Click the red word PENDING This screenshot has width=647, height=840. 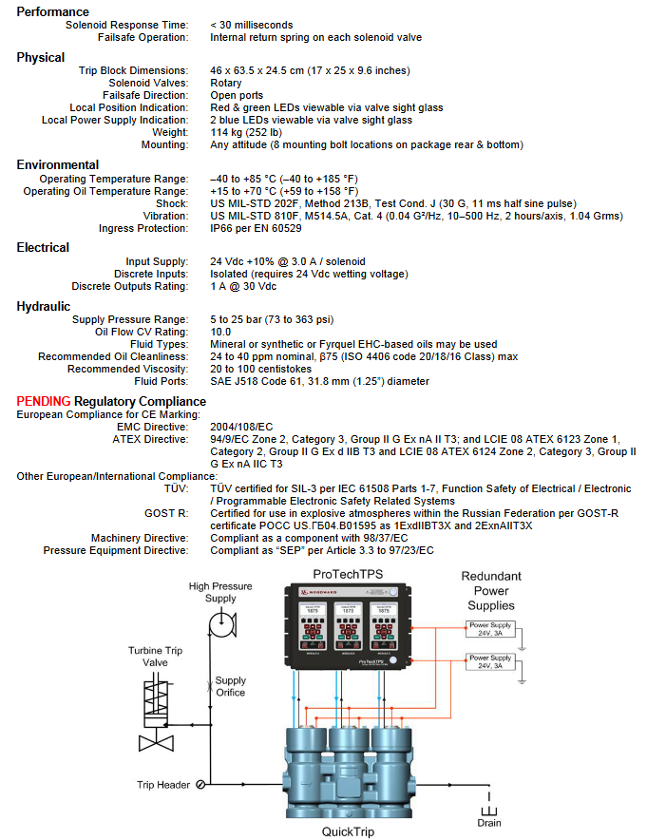click(44, 401)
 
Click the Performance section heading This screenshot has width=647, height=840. click(53, 11)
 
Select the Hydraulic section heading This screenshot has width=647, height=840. click(44, 306)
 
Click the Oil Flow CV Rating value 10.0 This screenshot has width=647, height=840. click(221, 332)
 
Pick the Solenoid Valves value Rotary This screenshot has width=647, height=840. click(226, 84)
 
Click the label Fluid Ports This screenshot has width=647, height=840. click(163, 381)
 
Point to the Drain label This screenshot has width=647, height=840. click(489, 822)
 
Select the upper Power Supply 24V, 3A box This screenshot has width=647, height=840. click(490, 628)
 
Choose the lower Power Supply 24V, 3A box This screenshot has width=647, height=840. click(490, 661)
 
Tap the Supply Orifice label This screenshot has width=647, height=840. click(230, 686)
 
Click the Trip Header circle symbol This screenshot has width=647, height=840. click(200, 785)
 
